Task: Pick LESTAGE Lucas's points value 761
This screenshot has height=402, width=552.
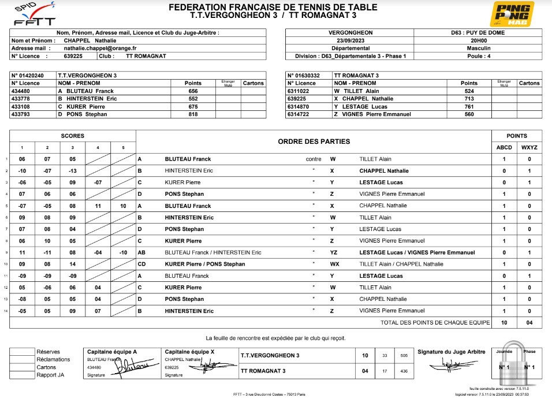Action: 469,107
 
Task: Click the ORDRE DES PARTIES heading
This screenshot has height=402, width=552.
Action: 314,142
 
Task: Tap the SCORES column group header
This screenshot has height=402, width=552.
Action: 73,136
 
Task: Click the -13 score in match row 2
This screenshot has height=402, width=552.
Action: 73,171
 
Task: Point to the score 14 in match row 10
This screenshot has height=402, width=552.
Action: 73,265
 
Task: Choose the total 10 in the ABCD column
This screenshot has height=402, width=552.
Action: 504,323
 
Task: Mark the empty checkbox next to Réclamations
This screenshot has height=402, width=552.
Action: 22,359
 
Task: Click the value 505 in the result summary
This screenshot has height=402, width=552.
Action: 404,356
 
